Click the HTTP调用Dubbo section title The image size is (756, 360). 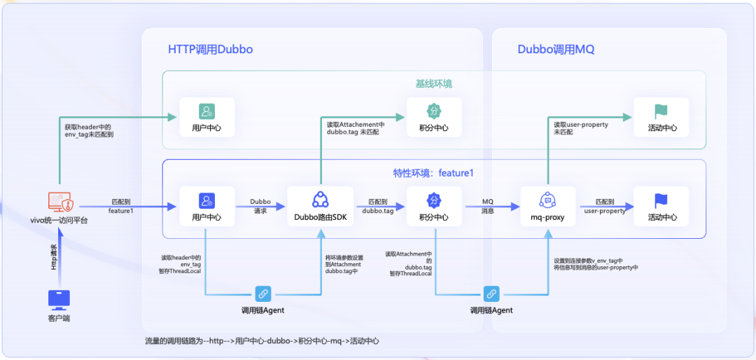point(210,50)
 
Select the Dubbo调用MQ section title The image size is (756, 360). point(556,50)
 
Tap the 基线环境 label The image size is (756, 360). point(433,83)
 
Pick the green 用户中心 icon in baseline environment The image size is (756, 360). point(206,111)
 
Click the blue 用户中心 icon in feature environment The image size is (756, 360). point(206,200)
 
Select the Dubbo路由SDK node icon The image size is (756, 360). point(321,200)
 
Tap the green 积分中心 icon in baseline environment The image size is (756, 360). point(433,111)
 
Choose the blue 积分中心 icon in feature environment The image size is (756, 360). point(433,200)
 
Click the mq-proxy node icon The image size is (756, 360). point(547,200)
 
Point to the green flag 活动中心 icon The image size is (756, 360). point(661,111)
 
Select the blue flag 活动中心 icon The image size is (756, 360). point(661,200)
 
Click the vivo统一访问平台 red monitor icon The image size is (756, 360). point(59,202)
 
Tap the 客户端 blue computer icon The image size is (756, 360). point(59,300)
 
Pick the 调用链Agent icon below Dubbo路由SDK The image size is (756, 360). point(262,294)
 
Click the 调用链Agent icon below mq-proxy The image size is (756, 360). point(491,294)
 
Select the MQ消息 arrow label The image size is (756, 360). point(487,206)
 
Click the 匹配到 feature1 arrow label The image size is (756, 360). point(121,206)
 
